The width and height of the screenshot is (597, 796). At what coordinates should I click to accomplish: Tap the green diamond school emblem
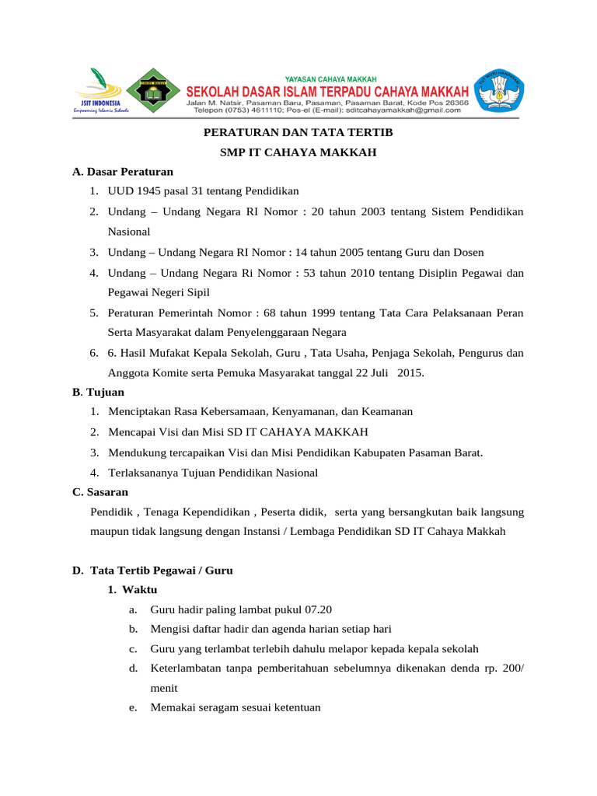click(155, 93)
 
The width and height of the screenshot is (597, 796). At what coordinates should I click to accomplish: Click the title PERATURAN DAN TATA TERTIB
click(298, 133)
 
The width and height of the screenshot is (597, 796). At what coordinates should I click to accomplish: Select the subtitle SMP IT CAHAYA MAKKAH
click(298, 152)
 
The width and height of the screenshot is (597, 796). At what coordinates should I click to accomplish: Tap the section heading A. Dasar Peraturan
click(123, 171)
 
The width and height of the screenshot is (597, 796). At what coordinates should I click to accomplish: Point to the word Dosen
click(468, 252)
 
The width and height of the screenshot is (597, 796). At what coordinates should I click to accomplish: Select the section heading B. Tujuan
click(98, 392)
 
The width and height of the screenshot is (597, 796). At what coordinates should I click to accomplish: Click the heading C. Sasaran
click(100, 492)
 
